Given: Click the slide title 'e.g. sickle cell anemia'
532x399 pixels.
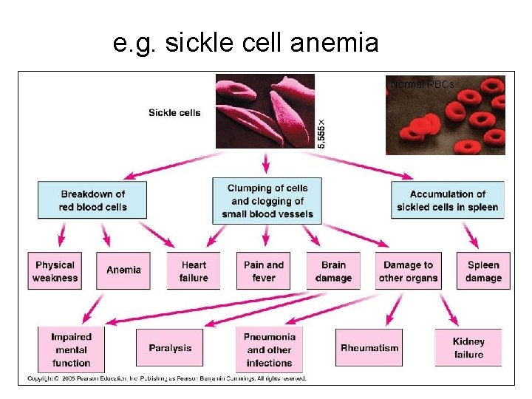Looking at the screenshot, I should click(245, 44).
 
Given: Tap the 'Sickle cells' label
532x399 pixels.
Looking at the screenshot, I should click(174, 113).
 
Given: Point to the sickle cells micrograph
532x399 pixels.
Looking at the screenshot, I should click(265, 111).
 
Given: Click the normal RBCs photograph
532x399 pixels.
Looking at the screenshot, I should click(445, 115).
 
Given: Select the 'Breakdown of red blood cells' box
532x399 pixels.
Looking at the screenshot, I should click(92, 200).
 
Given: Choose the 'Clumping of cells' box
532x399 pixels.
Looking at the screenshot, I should click(267, 201).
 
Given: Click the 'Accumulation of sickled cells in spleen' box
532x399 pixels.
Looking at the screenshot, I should click(447, 200).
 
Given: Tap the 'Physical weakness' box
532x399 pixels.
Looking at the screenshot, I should click(55, 271).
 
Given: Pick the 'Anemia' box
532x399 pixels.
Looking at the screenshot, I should click(123, 270).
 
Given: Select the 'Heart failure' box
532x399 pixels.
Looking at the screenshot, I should click(194, 271).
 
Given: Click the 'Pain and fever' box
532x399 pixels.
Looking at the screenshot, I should click(264, 271).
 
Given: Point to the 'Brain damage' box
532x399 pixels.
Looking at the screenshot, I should click(333, 271).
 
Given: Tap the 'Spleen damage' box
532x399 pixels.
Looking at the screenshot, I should click(483, 271).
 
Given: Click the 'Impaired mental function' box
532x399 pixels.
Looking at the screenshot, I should click(71, 349).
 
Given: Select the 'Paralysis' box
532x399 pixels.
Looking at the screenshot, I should click(169, 348).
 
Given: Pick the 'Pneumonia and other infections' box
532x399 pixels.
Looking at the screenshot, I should click(269, 349).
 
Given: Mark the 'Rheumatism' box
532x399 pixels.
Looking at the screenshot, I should click(369, 348).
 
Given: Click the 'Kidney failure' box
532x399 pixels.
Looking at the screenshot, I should click(468, 348).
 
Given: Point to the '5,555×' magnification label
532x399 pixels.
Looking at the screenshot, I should click(321, 133).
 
